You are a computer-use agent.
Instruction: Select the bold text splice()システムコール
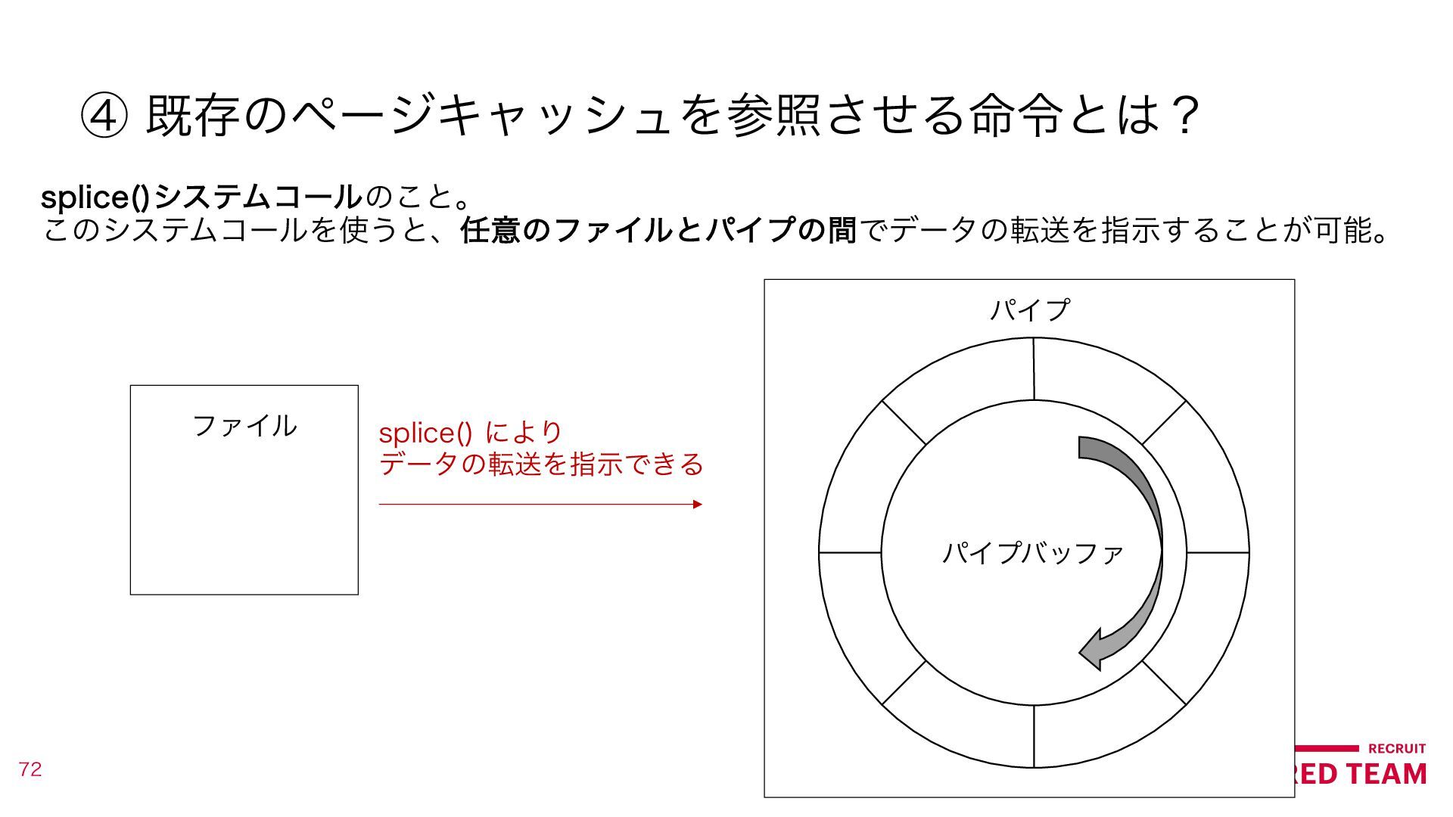(x=201, y=197)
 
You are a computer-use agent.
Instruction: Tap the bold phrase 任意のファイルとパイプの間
(x=658, y=230)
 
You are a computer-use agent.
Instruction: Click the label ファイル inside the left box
(x=244, y=426)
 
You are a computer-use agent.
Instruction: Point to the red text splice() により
(x=470, y=433)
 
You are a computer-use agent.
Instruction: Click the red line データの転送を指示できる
(x=541, y=464)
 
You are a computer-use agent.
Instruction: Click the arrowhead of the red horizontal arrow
(x=697, y=505)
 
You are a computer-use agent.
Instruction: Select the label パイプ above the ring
(x=1029, y=309)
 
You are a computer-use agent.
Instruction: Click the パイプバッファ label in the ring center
(x=1032, y=553)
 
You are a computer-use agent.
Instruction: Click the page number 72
(x=30, y=769)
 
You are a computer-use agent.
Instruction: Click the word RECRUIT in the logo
(x=1397, y=748)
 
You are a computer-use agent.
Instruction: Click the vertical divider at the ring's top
(x=1034, y=369)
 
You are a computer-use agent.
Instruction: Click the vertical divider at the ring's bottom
(x=1034, y=736)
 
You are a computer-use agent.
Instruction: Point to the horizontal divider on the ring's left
(x=850, y=553)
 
